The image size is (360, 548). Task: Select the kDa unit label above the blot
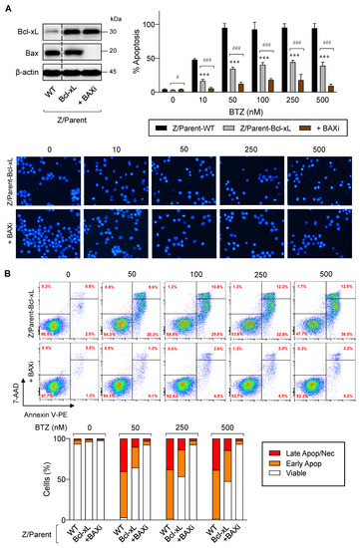[x=116, y=18]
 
